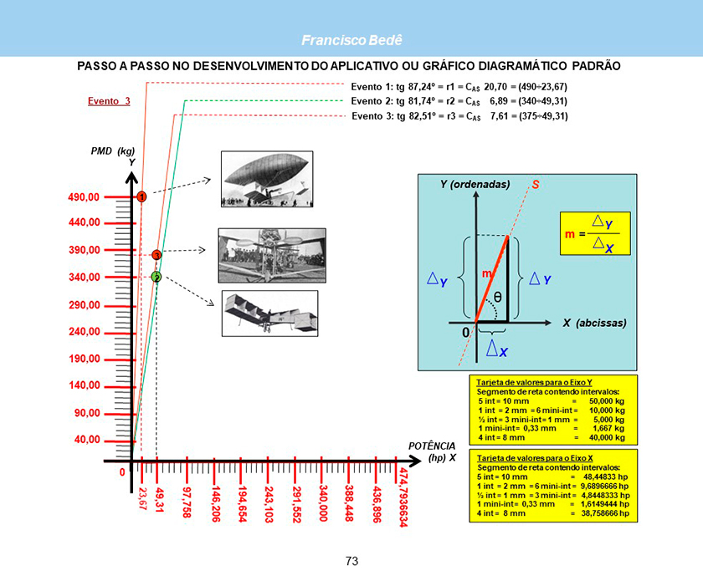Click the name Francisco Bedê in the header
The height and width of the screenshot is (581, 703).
tap(351, 40)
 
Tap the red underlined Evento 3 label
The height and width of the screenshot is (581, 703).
tap(110, 101)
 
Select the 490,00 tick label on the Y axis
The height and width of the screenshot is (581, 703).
tap(84, 196)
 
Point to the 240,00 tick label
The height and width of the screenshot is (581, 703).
tap(84, 332)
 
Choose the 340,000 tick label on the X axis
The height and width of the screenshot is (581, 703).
tap(322, 502)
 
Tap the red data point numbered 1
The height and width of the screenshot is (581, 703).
tap(142, 196)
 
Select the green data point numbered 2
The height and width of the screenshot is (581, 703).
tap(157, 277)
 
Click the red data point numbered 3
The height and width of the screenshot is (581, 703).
tap(157, 254)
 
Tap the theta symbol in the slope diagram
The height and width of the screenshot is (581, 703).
tap(497, 296)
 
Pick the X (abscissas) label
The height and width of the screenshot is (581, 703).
tap(595, 322)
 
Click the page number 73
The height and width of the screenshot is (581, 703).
tap(351, 561)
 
